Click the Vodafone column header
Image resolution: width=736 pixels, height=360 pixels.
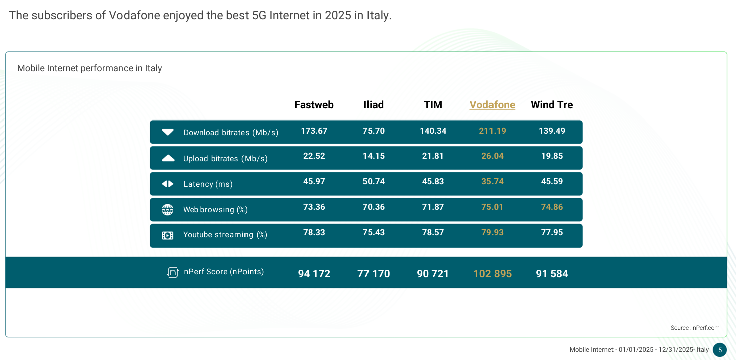(x=492, y=105)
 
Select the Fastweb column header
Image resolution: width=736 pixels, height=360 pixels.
(x=314, y=105)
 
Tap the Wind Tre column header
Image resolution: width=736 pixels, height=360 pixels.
(x=552, y=105)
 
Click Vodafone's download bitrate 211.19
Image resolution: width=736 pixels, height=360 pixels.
(x=492, y=131)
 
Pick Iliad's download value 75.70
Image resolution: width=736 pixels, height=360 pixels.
(x=374, y=131)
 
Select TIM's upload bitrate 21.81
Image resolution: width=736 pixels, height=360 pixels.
(x=433, y=156)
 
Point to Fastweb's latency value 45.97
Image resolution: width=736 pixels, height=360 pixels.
(x=314, y=181)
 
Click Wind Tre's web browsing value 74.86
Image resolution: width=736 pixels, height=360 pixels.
(x=552, y=207)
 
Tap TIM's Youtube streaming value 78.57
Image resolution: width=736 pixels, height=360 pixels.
(x=433, y=232)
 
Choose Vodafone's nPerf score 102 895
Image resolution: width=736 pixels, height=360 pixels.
(x=492, y=274)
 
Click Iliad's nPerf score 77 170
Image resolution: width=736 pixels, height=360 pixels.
(x=374, y=274)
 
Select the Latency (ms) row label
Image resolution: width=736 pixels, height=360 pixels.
(x=208, y=184)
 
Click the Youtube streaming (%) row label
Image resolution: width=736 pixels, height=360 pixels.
(x=225, y=235)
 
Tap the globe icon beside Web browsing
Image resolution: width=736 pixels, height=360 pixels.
(x=168, y=209)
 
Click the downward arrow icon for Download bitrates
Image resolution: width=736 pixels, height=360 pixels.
(x=168, y=132)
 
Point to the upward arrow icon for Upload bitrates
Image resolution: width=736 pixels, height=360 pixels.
(x=168, y=158)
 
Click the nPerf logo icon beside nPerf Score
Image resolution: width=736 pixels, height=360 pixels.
(x=173, y=272)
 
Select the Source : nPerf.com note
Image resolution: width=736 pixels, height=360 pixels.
(x=695, y=328)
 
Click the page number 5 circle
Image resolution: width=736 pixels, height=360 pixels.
(x=720, y=350)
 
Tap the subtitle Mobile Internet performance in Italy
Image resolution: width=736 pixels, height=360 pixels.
(x=89, y=68)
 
